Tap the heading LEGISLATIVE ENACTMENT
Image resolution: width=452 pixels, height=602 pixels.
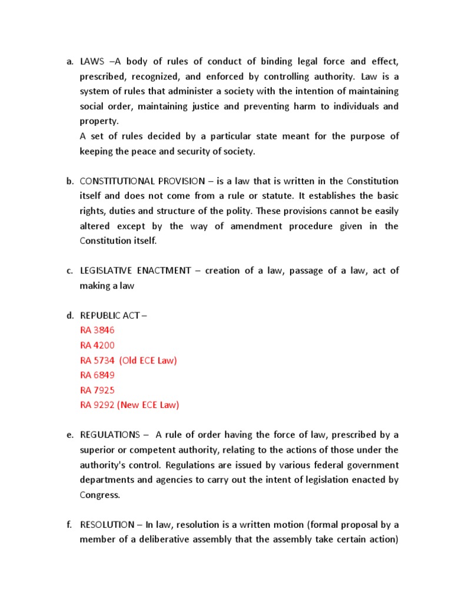[x=135, y=270]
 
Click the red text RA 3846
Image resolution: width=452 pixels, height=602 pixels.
[x=97, y=330]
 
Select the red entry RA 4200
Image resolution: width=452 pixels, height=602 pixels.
[x=97, y=345]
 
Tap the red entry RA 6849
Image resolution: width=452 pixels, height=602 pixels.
[x=97, y=375]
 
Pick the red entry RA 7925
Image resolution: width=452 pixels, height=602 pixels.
[x=97, y=390]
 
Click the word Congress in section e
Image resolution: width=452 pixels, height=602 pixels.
[x=98, y=495]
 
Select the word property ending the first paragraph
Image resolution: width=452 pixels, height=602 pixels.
[x=98, y=121]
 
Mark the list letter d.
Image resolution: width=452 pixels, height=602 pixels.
[x=69, y=315]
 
